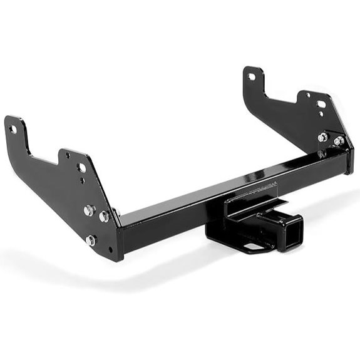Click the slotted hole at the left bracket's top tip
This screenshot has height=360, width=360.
tap(13, 129)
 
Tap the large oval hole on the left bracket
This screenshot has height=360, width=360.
tap(82, 168)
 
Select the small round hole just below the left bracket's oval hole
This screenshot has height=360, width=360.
tap(82, 180)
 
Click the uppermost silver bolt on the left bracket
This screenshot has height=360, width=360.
tap(89, 210)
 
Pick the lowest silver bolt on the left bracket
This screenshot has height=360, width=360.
tap(91, 240)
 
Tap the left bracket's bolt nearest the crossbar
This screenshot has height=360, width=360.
tap(105, 217)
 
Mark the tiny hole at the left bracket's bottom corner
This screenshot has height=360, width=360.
tap(111, 249)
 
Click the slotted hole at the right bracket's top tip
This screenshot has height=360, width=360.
tap(252, 76)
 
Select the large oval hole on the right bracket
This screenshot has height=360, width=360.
tap(321, 104)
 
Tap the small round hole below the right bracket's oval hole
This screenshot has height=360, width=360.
tap(321, 114)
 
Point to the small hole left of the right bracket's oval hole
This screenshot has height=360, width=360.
tap(307, 95)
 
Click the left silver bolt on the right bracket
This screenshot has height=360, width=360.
tap(322, 137)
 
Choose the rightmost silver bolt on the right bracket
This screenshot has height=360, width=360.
tap(339, 141)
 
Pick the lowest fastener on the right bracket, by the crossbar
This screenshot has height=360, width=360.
tap(321, 153)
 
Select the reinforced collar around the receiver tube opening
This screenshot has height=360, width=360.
tap(289, 233)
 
